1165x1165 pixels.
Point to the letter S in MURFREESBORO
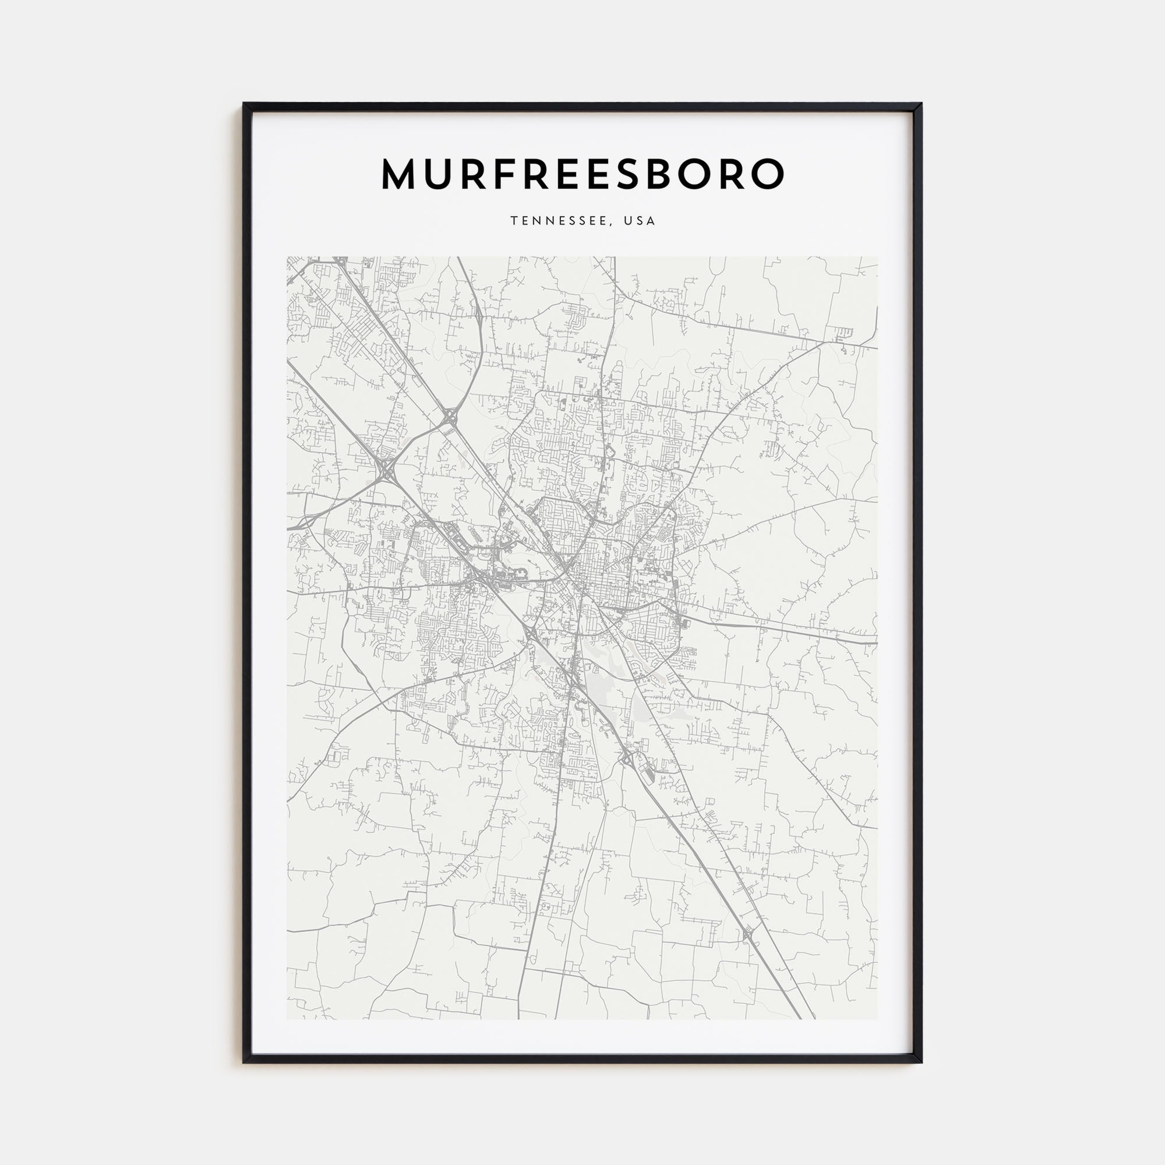pyautogui.click(x=629, y=174)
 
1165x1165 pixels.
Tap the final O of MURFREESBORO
pyautogui.click(x=768, y=174)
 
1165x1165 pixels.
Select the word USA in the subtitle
pyautogui.click(x=639, y=221)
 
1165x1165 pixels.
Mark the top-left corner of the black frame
pyautogui.click(x=244, y=104)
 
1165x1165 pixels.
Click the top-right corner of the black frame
pyautogui.click(x=921, y=104)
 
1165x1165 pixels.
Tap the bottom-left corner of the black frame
pyautogui.click(x=244, y=1062)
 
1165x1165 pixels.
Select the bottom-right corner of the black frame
pyautogui.click(x=921, y=1062)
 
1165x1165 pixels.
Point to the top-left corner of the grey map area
pyautogui.click(x=287, y=257)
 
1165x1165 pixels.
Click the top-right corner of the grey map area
pyautogui.click(x=877, y=257)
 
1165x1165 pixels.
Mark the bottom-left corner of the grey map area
pyautogui.click(x=287, y=1019)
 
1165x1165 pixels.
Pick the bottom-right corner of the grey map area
pyautogui.click(x=877, y=1019)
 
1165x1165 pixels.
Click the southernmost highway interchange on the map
pyautogui.click(x=748, y=950)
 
